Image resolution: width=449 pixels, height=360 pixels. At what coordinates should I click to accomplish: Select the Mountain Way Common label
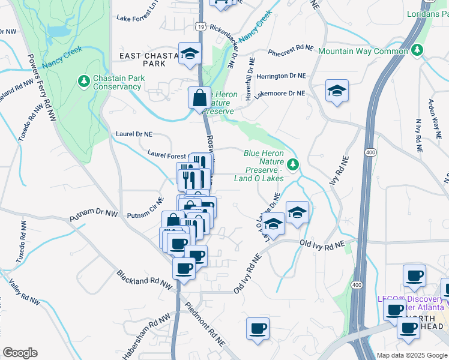point(363,51)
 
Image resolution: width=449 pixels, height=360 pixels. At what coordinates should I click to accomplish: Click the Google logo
point(20,353)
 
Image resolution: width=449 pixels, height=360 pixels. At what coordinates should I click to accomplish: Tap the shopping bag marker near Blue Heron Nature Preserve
point(199,97)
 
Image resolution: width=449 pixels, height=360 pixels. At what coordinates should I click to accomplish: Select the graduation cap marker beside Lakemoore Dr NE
point(337,91)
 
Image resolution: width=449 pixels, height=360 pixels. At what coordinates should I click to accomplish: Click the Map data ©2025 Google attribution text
point(412,355)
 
